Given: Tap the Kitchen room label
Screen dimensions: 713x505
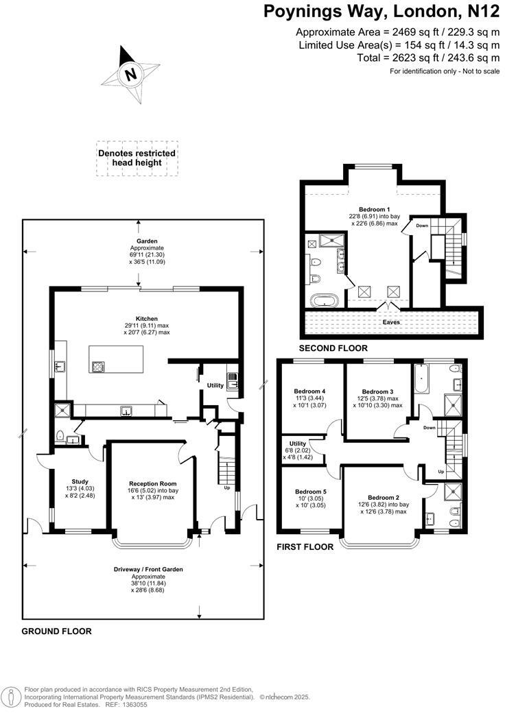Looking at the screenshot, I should (x=146, y=318).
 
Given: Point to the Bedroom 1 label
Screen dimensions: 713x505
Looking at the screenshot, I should (x=374, y=209).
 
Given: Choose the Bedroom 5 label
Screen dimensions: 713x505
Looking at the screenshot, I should (x=311, y=492).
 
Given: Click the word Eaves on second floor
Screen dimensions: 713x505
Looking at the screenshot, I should (x=390, y=322).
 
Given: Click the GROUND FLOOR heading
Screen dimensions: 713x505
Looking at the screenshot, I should (x=56, y=631).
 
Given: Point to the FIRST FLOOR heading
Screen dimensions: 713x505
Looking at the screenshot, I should (x=305, y=547).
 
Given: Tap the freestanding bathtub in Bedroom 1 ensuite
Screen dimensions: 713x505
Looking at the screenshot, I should (x=322, y=300).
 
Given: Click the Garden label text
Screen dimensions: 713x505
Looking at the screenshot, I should (x=146, y=241).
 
